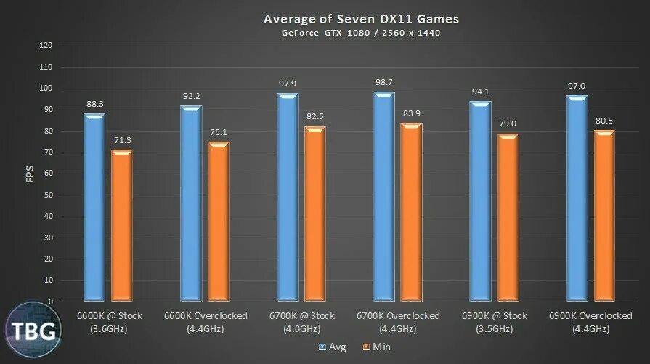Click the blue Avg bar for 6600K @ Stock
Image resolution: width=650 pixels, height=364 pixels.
tap(94, 207)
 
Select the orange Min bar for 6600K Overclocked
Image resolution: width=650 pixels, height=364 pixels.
tap(219, 221)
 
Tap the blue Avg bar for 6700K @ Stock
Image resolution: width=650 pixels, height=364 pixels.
tap(288, 197)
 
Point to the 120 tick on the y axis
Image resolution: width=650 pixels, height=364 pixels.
tap(46, 45)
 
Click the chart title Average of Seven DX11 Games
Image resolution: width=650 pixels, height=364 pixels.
tap(360, 18)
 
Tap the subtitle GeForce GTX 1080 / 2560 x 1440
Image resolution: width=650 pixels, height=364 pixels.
tap(360, 33)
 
